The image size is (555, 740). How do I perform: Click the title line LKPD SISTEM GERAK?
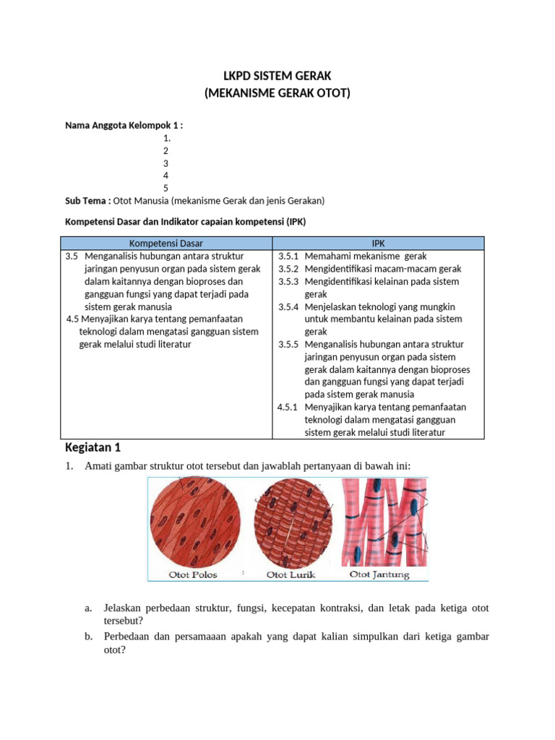[277, 76]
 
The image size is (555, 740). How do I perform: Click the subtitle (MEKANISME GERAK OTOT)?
[277, 93]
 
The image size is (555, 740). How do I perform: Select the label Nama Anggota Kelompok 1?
[124, 125]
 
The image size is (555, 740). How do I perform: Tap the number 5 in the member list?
[165, 188]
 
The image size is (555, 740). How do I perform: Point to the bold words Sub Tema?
[87, 200]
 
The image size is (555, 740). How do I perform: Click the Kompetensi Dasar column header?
[165, 244]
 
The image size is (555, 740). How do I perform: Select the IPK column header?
[379, 244]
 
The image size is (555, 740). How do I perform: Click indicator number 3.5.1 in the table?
[288, 256]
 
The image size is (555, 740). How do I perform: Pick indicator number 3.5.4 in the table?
[288, 306]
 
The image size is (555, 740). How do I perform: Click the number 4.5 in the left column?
[72, 319]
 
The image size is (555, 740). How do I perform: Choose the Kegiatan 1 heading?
[93, 446]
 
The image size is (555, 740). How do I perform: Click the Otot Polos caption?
[193, 575]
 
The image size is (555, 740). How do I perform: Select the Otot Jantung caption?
[379, 575]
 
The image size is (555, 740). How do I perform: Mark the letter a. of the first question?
[88, 608]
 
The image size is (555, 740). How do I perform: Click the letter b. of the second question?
[88, 637]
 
